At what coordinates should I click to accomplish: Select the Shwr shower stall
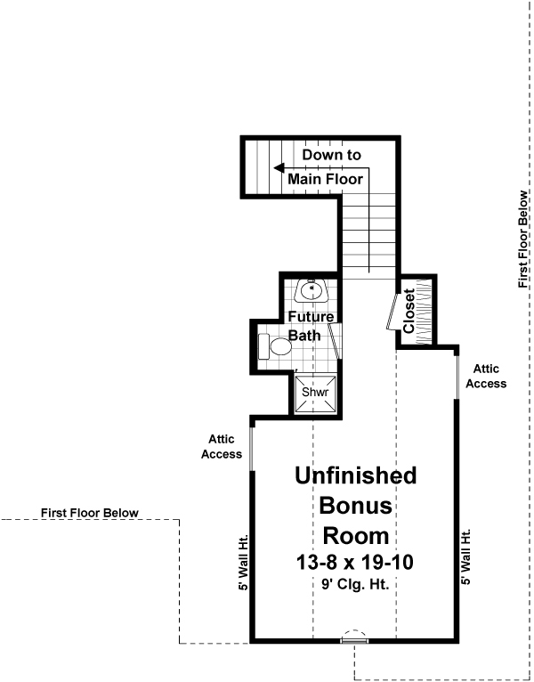(315, 393)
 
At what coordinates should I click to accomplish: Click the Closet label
(409, 311)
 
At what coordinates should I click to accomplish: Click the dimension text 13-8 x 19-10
(355, 563)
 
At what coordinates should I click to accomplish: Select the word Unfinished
(355, 475)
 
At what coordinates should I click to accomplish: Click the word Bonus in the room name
(355, 506)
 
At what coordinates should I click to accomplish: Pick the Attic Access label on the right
(489, 376)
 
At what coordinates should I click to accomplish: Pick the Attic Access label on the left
(222, 447)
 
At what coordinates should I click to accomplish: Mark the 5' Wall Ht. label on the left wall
(243, 556)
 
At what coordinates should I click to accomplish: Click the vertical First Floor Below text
(523, 239)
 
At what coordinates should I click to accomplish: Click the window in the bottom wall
(355, 638)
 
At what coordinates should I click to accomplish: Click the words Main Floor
(326, 179)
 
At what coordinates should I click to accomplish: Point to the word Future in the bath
(311, 317)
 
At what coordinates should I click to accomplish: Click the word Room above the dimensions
(355, 536)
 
